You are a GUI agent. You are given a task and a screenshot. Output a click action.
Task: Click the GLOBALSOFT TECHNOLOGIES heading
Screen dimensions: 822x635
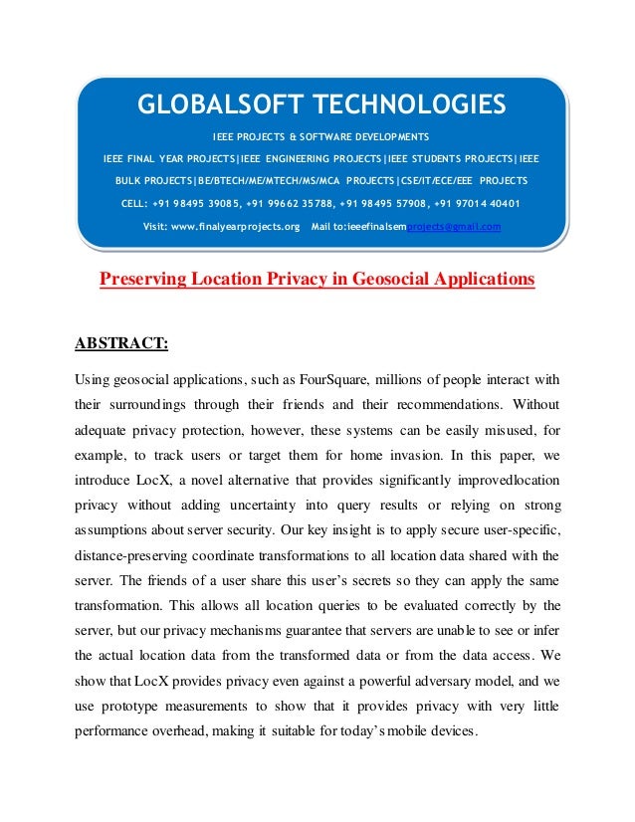coord(321,104)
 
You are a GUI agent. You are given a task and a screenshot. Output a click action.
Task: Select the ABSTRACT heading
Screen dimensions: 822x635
coord(122,344)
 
